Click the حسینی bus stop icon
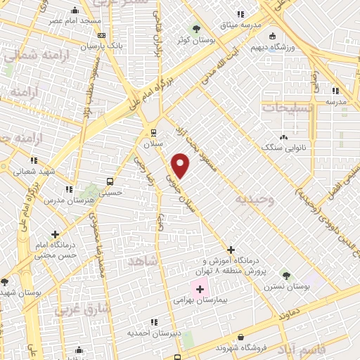click(109, 181)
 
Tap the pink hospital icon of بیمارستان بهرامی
click(199, 288)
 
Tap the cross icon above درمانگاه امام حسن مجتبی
click(54, 234)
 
